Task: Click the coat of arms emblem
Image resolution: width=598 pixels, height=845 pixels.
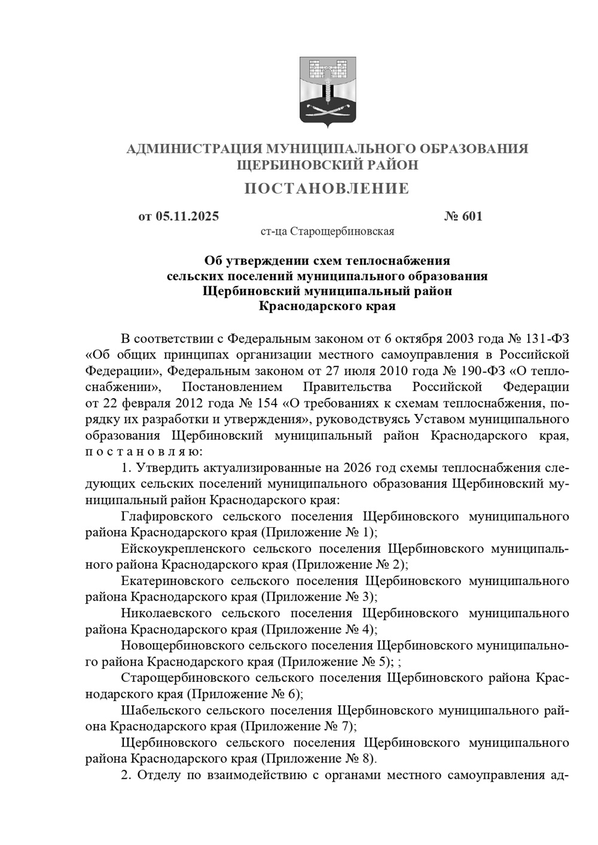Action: [327, 93]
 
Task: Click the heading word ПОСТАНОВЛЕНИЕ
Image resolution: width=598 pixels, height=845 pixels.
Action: [327, 189]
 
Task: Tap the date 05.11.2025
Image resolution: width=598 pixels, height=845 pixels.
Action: [187, 216]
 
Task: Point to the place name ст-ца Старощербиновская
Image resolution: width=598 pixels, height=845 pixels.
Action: [327, 231]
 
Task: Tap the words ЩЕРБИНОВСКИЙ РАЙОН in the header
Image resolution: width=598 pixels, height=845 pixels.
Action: [327, 165]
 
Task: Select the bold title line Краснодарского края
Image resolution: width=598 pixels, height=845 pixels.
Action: [327, 307]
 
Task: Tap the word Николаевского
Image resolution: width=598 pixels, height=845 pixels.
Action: [166, 613]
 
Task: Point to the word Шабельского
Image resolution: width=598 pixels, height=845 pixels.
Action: [160, 710]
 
